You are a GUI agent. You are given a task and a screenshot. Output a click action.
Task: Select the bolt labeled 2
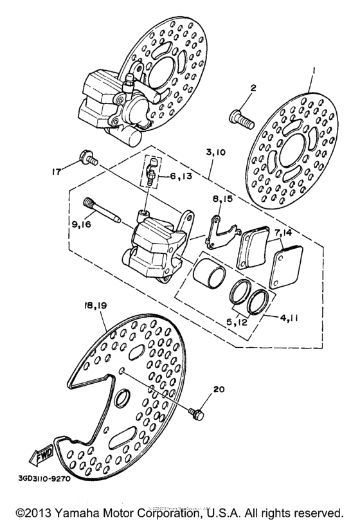[240, 118]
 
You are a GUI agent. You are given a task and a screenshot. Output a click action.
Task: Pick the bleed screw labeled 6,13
[150, 173]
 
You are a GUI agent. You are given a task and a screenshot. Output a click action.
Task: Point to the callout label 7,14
[283, 232]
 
